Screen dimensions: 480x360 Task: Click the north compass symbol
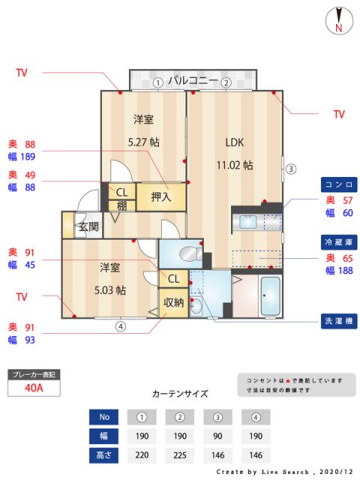point(339,21)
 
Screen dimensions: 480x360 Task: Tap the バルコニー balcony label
point(193,80)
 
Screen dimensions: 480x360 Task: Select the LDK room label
point(235,142)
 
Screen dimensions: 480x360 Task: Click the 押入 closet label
point(161,197)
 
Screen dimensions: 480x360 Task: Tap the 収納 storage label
point(173,302)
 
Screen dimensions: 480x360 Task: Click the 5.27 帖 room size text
point(144,141)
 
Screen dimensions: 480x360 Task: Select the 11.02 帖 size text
point(235,164)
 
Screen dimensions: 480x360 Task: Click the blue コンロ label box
point(338,184)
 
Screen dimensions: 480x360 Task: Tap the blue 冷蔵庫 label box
point(338,242)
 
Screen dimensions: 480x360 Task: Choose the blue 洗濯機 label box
point(338,319)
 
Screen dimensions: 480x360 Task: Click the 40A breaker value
point(33,388)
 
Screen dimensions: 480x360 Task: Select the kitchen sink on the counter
point(247,222)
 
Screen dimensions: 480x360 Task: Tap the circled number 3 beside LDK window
point(291,168)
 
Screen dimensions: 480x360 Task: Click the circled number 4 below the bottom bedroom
point(120,326)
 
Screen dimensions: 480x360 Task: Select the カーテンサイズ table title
point(180,393)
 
